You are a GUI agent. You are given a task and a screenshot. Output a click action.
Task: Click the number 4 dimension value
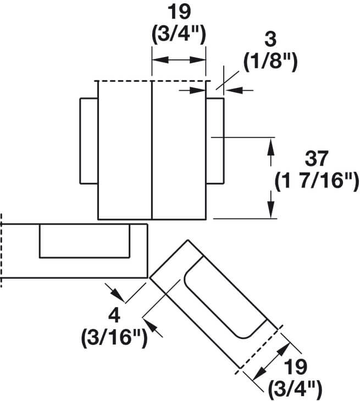[114, 316]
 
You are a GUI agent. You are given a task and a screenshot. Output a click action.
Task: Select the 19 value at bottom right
[296, 367]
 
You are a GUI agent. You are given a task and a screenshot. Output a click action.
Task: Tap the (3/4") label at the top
[179, 34]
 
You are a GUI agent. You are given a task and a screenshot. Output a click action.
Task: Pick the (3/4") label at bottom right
[296, 389]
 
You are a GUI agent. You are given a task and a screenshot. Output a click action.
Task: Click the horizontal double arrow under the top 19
[179, 61]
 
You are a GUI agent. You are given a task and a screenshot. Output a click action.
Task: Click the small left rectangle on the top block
[89, 141]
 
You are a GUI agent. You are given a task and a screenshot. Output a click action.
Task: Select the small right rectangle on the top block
[215, 141]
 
